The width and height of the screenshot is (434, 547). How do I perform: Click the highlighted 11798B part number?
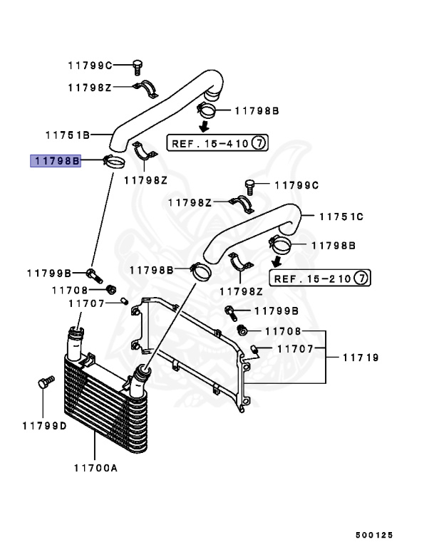pyautogui.click(x=55, y=161)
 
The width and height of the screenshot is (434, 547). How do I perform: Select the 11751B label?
pyautogui.click(x=67, y=134)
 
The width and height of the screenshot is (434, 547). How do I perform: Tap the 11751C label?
pyautogui.click(x=341, y=216)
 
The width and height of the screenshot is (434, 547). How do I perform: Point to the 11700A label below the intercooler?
pyautogui.click(x=95, y=467)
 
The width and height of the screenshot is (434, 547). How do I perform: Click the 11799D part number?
pyautogui.click(x=43, y=426)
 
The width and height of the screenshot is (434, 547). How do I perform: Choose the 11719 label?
pyautogui.click(x=360, y=357)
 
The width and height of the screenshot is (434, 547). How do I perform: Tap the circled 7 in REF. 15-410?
pyautogui.click(x=259, y=143)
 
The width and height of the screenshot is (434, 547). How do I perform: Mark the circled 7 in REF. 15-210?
pyautogui.click(x=361, y=278)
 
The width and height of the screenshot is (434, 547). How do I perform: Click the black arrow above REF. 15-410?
pyautogui.click(x=204, y=126)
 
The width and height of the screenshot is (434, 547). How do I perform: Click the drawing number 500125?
pyautogui.click(x=374, y=534)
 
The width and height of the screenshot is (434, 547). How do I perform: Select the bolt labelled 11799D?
pyautogui.click(x=45, y=383)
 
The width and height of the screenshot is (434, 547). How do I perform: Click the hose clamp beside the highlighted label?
pyautogui.click(x=115, y=162)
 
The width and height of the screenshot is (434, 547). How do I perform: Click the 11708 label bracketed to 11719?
pyautogui.click(x=283, y=331)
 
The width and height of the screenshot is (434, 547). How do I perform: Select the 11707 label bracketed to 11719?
pyautogui.click(x=295, y=349)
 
